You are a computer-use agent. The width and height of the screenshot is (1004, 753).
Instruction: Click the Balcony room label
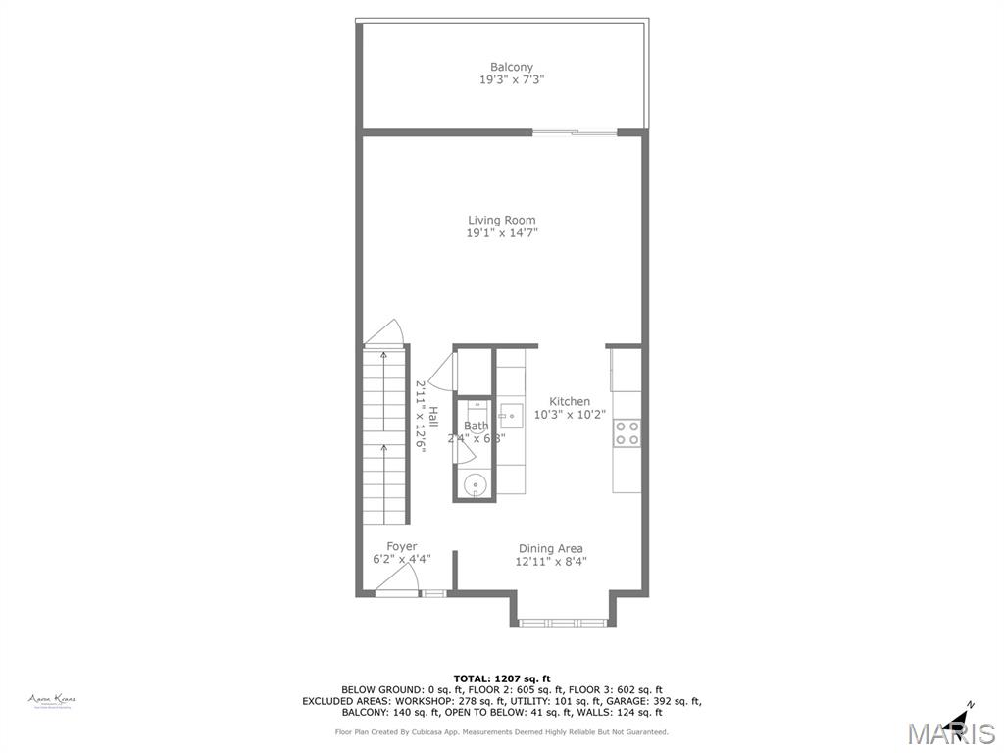coord(512,67)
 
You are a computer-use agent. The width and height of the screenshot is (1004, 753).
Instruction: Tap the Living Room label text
coord(501,220)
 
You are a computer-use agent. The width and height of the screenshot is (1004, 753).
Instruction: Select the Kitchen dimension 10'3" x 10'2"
coord(570,415)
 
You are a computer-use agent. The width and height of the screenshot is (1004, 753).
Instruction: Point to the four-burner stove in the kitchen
coord(627,432)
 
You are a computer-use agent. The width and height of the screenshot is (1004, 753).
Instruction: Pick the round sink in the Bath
coord(476,483)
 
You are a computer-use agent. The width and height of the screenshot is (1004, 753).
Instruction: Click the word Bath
coord(476,426)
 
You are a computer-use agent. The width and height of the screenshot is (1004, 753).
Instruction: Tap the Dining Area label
coord(550,548)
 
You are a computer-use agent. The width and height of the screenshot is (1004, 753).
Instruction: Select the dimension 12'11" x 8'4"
coord(550,562)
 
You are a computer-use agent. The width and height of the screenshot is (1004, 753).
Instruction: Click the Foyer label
coord(401,546)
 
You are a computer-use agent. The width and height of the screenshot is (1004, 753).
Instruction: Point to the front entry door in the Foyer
coord(398,592)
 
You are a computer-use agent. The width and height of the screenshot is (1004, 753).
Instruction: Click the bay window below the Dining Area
coord(563,622)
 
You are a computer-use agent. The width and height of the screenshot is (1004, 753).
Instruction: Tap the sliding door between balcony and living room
coord(575,131)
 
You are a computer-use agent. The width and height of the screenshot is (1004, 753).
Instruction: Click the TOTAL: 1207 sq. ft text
coord(501,678)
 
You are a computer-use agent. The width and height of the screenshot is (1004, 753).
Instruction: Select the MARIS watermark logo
coord(950,732)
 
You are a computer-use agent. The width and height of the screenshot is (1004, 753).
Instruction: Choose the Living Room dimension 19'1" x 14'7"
coord(501,233)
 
